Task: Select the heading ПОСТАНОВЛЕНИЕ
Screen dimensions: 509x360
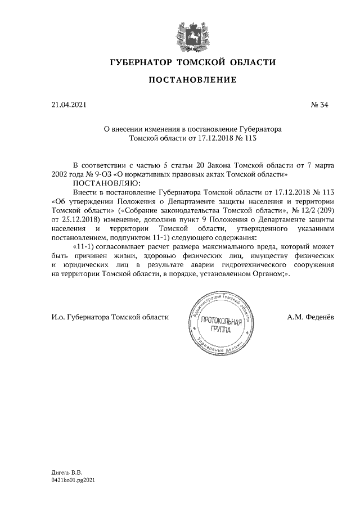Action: pyautogui.click(x=192, y=81)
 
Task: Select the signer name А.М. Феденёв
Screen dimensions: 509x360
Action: pyautogui.click(x=310, y=317)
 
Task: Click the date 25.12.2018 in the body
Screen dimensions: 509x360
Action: pyautogui.click(x=85, y=219)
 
